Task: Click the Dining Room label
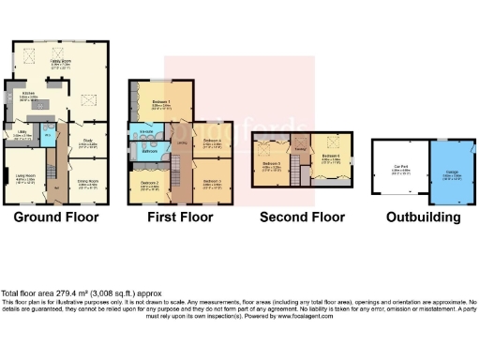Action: pyautogui.click(x=88, y=185)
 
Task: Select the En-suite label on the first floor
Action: pyautogui.click(x=147, y=132)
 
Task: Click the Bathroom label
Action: pyautogui.click(x=149, y=151)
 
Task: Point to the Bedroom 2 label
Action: pyautogui.click(x=149, y=183)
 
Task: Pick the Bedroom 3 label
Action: pyautogui.click(x=211, y=183)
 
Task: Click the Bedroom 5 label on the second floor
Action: pyautogui.click(x=272, y=164)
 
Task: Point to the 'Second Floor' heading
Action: pyautogui.click(x=302, y=217)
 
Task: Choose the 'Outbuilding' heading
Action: pyautogui.click(x=423, y=217)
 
